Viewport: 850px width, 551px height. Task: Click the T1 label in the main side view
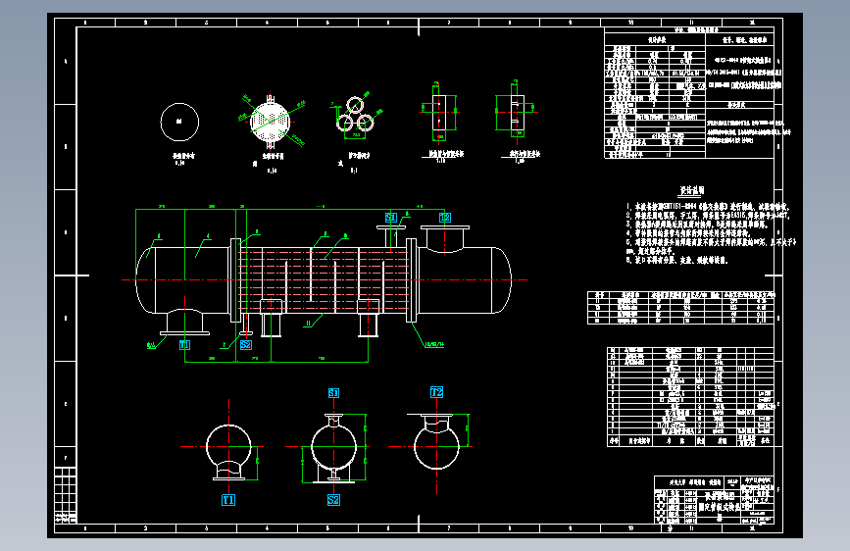[x=184, y=345]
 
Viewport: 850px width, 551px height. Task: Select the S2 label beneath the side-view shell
[x=246, y=345]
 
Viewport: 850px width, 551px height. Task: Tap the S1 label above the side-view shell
[x=391, y=217]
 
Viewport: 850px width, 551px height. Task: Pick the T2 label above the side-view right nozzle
[x=444, y=217]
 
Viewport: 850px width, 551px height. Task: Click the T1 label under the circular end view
[x=228, y=499]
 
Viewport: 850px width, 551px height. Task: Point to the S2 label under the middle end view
[x=333, y=499]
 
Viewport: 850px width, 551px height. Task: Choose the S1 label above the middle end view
[x=333, y=392]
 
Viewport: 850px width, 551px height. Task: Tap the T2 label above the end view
[x=437, y=392]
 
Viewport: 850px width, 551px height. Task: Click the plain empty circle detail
[x=179, y=121]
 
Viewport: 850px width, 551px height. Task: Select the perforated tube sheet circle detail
[x=270, y=122]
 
